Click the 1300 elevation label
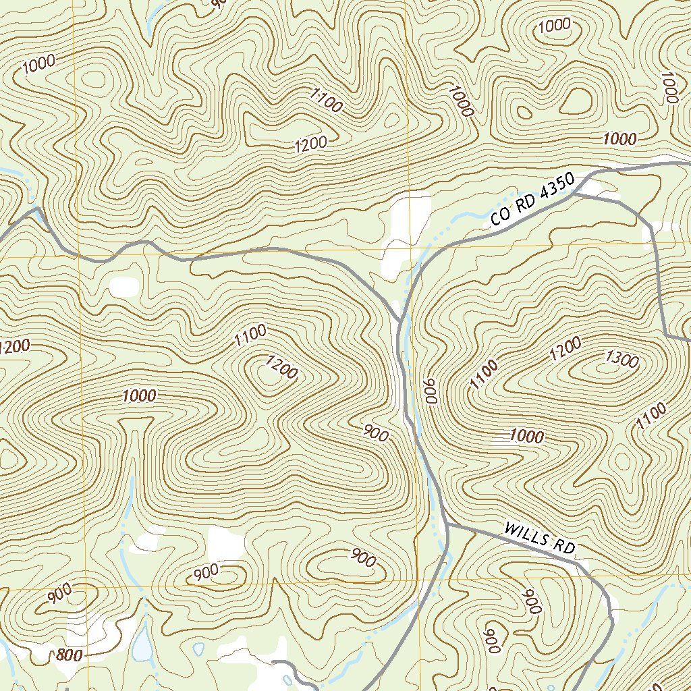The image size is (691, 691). point(622,360)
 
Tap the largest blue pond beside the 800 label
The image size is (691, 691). point(142,644)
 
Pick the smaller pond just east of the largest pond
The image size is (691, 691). point(198,648)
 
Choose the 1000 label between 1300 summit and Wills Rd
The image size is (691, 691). point(526,437)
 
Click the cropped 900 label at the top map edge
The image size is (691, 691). point(217,3)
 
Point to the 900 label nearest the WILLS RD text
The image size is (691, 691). point(532,601)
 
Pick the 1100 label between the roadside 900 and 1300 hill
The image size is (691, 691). point(484,375)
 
